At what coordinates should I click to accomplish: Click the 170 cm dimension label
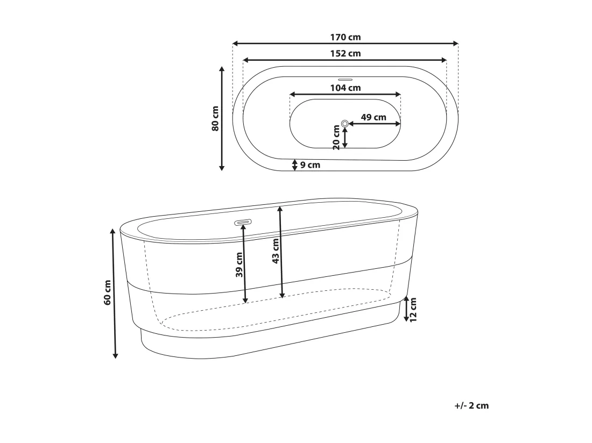click(x=346, y=37)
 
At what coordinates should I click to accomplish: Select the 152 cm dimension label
click(x=346, y=54)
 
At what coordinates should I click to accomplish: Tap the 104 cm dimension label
click(x=346, y=88)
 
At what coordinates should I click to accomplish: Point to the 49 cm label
click(x=373, y=117)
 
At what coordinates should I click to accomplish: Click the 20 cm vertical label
click(x=336, y=138)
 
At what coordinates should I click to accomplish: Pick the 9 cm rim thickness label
click(x=310, y=165)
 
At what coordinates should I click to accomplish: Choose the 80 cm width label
click(x=215, y=118)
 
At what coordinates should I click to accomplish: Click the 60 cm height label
click(x=107, y=292)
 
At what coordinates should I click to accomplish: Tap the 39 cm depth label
click(x=239, y=265)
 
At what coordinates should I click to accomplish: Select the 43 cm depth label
click(x=276, y=251)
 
